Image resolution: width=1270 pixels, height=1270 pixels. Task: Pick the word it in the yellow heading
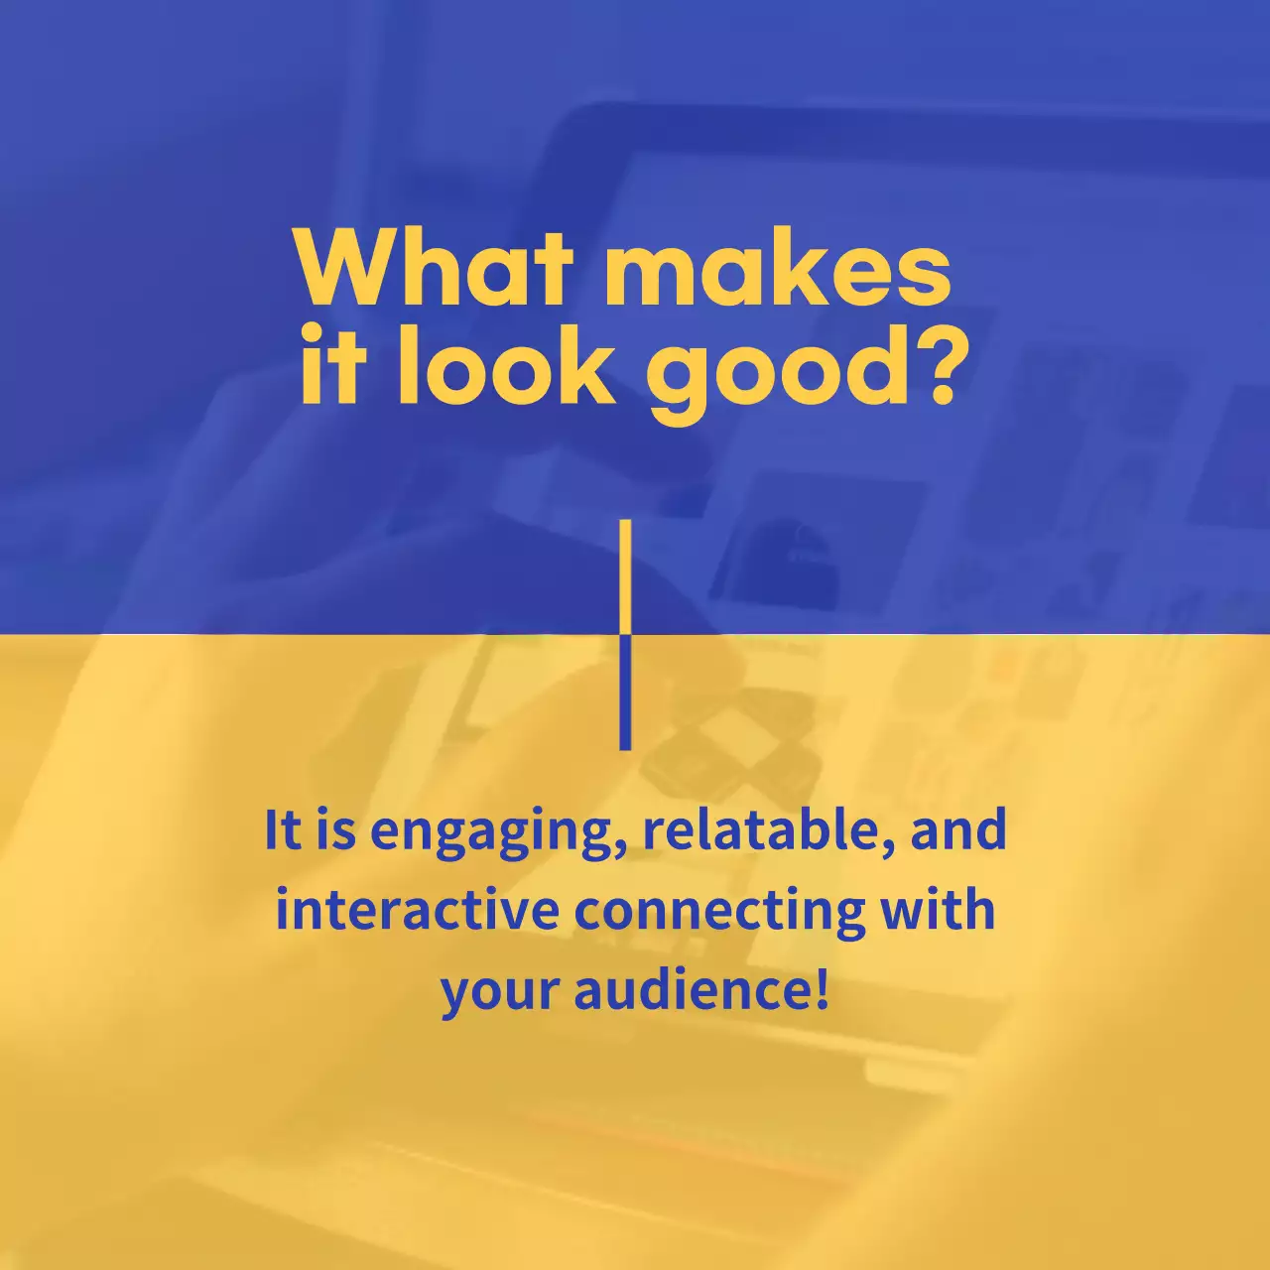pos(334,367)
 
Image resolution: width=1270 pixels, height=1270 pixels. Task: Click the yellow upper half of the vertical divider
pos(625,575)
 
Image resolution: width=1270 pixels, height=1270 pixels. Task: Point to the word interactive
pos(417,910)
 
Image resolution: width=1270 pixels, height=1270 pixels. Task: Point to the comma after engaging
pos(623,845)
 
